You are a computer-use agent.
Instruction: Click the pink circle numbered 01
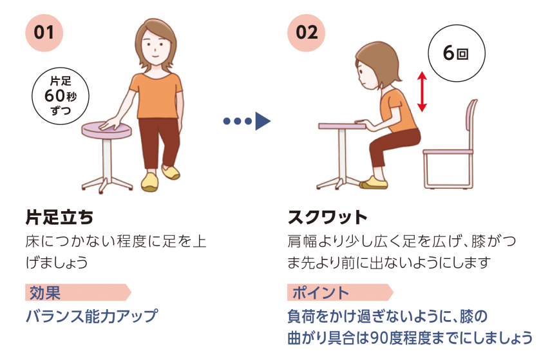pyautogui.click(x=44, y=33)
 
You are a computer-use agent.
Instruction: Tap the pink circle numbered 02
pyautogui.click(x=306, y=33)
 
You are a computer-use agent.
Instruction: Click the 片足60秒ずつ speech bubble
pyautogui.click(x=61, y=96)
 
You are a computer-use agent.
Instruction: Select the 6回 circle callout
pyautogui.click(x=457, y=53)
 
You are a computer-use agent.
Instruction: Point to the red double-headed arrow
pyautogui.click(x=422, y=91)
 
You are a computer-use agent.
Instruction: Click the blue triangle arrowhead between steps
pyautogui.click(x=263, y=121)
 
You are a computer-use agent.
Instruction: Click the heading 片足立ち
pyautogui.click(x=59, y=218)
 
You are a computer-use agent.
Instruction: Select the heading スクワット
pyautogui.click(x=327, y=218)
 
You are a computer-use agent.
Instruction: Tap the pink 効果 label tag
pyautogui.click(x=78, y=292)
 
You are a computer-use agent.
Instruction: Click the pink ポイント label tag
pyautogui.click(x=340, y=292)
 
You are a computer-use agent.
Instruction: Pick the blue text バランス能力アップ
pyautogui.click(x=92, y=316)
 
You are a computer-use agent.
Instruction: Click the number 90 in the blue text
pyautogui.click(x=379, y=338)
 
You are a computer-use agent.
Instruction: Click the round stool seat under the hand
pyautogui.click(x=107, y=129)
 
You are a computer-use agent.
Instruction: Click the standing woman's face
pyautogui.click(x=155, y=46)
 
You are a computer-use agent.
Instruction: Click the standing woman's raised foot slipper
pyautogui.click(x=171, y=171)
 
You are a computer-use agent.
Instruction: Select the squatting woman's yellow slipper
pyautogui.click(x=374, y=182)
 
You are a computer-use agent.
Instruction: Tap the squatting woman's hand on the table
pyautogui.click(x=361, y=122)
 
